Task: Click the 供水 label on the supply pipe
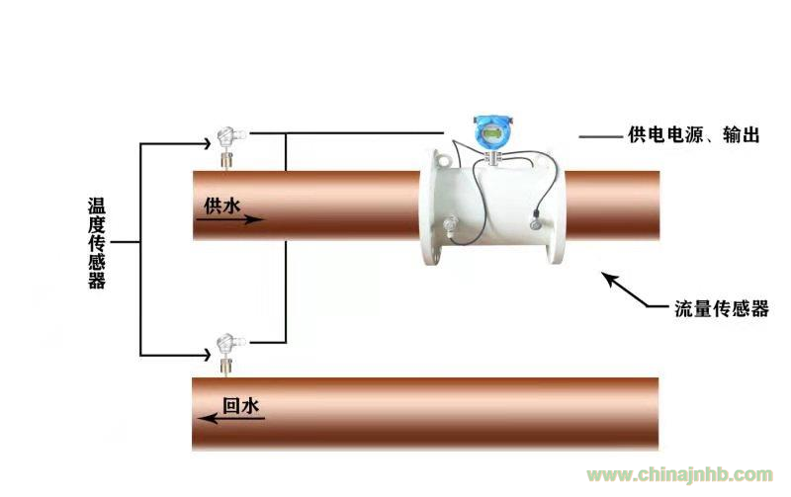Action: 221,206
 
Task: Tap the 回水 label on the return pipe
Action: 240,405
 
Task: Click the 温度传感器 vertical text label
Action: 96,243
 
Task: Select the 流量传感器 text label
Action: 722,308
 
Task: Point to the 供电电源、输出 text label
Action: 694,134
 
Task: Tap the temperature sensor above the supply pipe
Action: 229,147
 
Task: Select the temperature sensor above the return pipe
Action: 228,355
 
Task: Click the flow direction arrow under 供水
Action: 230,219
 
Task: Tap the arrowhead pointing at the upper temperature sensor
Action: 207,143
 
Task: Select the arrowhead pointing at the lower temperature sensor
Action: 207,355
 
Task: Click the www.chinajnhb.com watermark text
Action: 679,475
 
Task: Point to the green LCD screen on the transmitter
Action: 492,133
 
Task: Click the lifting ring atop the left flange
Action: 442,161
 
